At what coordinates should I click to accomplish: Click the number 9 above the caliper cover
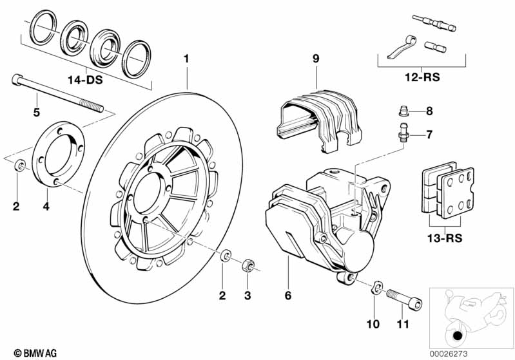click(x=316, y=59)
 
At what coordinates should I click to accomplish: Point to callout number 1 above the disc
click(x=187, y=59)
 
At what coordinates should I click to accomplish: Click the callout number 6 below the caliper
click(x=288, y=296)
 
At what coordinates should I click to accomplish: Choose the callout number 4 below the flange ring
click(x=45, y=207)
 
